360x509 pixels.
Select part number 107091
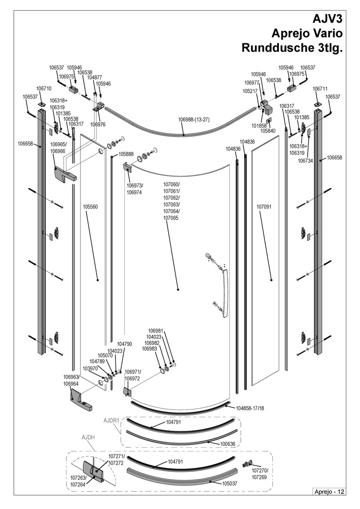click(x=263, y=207)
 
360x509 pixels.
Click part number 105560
click(x=90, y=207)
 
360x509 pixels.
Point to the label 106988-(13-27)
click(x=194, y=119)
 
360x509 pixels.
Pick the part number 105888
click(x=126, y=154)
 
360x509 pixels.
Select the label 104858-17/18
click(x=250, y=408)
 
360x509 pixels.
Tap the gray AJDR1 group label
click(x=112, y=420)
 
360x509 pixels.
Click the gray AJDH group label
click(x=88, y=437)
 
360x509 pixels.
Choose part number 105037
click(x=229, y=484)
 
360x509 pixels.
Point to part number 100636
click(x=228, y=444)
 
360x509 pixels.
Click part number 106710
click(x=44, y=88)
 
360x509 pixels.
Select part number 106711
click(x=320, y=89)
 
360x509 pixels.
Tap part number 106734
click(x=305, y=160)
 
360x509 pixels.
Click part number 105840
click(x=268, y=131)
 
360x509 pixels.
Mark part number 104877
click(x=94, y=78)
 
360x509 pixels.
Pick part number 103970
click(x=90, y=369)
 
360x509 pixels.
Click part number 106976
click(x=98, y=124)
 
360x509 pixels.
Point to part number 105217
click(x=250, y=91)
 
